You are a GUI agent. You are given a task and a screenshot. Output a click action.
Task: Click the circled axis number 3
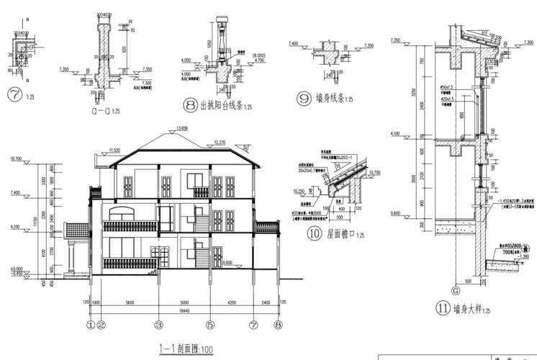157,324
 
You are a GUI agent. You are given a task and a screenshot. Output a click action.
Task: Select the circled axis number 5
210,324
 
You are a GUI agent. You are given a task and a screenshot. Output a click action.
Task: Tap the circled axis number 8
279,324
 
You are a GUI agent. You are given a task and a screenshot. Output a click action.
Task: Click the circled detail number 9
303,97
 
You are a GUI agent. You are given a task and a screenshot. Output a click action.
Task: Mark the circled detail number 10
314,233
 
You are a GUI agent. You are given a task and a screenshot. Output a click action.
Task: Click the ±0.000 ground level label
15,268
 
